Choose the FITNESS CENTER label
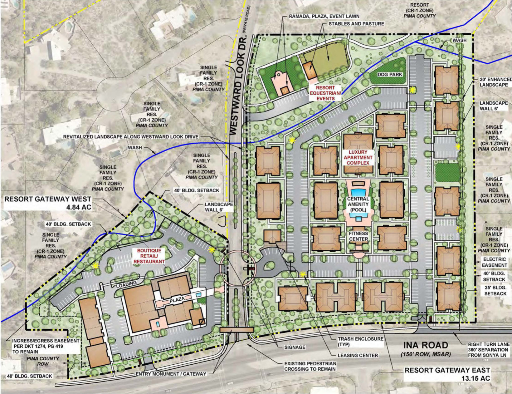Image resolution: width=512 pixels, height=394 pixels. (358, 236)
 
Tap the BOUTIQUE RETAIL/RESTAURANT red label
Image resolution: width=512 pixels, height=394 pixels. (149, 256)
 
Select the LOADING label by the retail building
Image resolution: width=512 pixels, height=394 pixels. (127, 283)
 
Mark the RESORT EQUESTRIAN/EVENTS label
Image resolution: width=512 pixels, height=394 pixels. (324, 93)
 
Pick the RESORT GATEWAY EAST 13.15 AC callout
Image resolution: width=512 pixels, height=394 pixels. (447, 374)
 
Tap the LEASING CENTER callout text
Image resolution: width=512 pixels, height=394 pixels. (358, 355)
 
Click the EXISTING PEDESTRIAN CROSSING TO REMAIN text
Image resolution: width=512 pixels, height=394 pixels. (310, 366)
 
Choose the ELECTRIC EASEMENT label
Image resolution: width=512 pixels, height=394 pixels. (495, 262)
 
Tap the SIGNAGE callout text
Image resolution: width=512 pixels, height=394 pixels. (295, 347)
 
